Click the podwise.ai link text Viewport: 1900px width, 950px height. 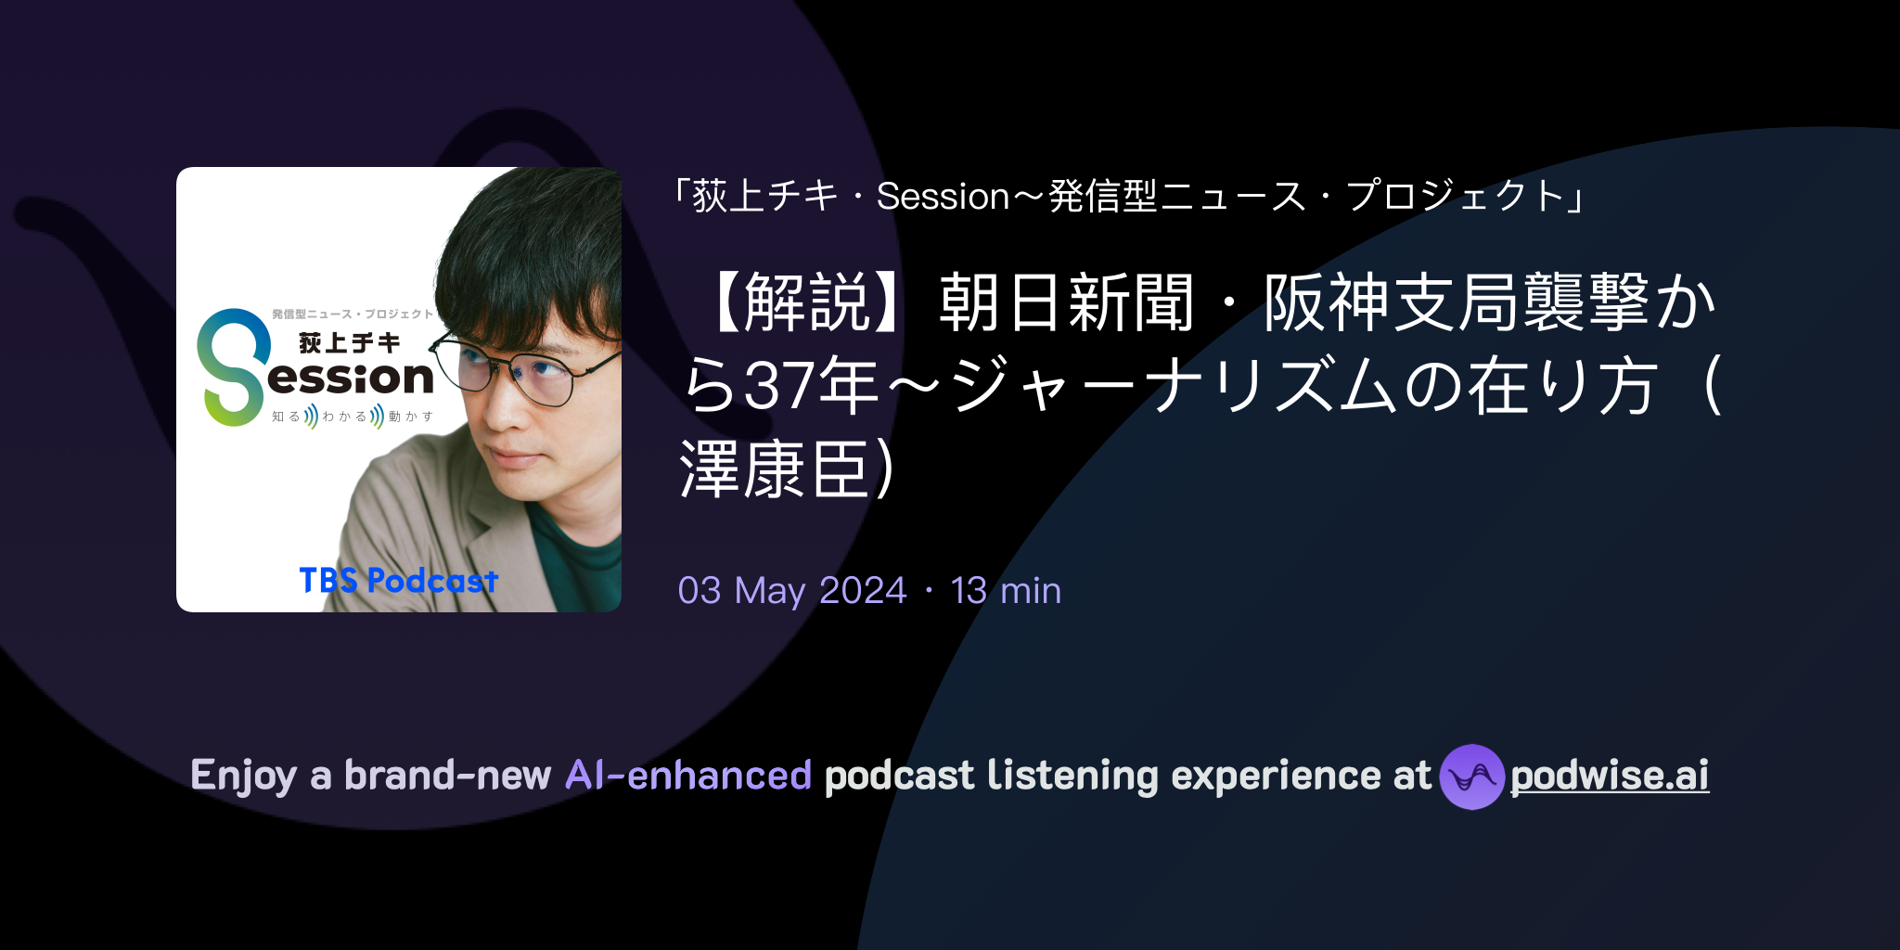(x=1610, y=776)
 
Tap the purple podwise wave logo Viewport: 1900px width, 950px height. (x=1471, y=777)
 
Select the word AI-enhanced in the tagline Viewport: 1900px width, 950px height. (x=688, y=776)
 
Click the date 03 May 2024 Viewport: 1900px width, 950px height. (x=792, y=591)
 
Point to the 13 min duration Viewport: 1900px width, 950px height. (x=1006, y=591)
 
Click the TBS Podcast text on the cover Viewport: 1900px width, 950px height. (x=399, y=581)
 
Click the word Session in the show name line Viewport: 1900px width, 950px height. (x=943, y=197)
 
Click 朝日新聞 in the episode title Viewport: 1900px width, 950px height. (x=1066, y=302)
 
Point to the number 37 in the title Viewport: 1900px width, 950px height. (x=778, y=386)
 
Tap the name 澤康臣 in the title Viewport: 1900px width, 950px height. (x=774, y=469)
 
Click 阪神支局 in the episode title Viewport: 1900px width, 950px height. (x=1393, y=302)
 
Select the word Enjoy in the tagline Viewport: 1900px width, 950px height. (x=244, y=777)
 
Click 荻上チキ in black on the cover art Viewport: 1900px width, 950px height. (x=350, y=343)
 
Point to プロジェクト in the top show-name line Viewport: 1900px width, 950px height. (x=1456, y=197)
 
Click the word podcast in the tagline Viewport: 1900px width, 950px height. (x=899, y=777)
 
